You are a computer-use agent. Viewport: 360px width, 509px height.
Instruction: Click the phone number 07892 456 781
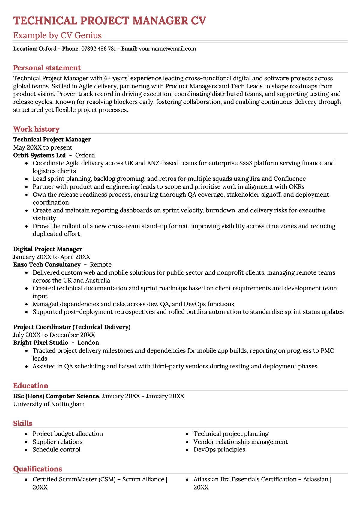coord(98,49)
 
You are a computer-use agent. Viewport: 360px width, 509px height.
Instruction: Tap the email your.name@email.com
coord(167,49)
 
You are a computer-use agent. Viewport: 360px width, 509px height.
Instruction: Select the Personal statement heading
coord(47,68)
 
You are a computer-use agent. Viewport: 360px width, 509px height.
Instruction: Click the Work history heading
coord(36,129)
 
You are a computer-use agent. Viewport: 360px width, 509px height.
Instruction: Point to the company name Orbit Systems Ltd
coord(39,155)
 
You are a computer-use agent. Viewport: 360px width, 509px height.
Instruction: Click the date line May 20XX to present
coord(43,147)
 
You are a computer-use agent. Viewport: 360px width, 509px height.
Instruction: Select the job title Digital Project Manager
coord(48,249)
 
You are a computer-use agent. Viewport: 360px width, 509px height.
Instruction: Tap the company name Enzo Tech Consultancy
coord(47,265)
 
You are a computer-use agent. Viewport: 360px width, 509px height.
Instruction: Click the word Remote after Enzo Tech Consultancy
coord(101,265)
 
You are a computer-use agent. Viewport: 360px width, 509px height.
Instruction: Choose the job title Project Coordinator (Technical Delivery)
coord(72,327)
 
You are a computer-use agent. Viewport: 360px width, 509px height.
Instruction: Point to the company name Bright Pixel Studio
coord(40,343)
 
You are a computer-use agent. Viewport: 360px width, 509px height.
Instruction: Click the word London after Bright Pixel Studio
coord(88,343)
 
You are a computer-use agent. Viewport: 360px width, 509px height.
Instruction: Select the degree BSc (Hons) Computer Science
coord(56,396)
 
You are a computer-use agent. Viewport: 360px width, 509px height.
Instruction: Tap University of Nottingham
coord(49,404)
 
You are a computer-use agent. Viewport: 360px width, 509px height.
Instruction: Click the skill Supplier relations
coord(57,442)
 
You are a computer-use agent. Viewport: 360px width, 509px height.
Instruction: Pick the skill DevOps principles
coord(219,450)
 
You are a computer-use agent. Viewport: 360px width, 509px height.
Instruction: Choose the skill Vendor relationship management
coord(241,442)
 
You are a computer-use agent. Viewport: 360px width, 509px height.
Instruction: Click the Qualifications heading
coord(37,469)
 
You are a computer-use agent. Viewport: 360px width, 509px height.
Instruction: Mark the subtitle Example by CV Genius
coord(58,36)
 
